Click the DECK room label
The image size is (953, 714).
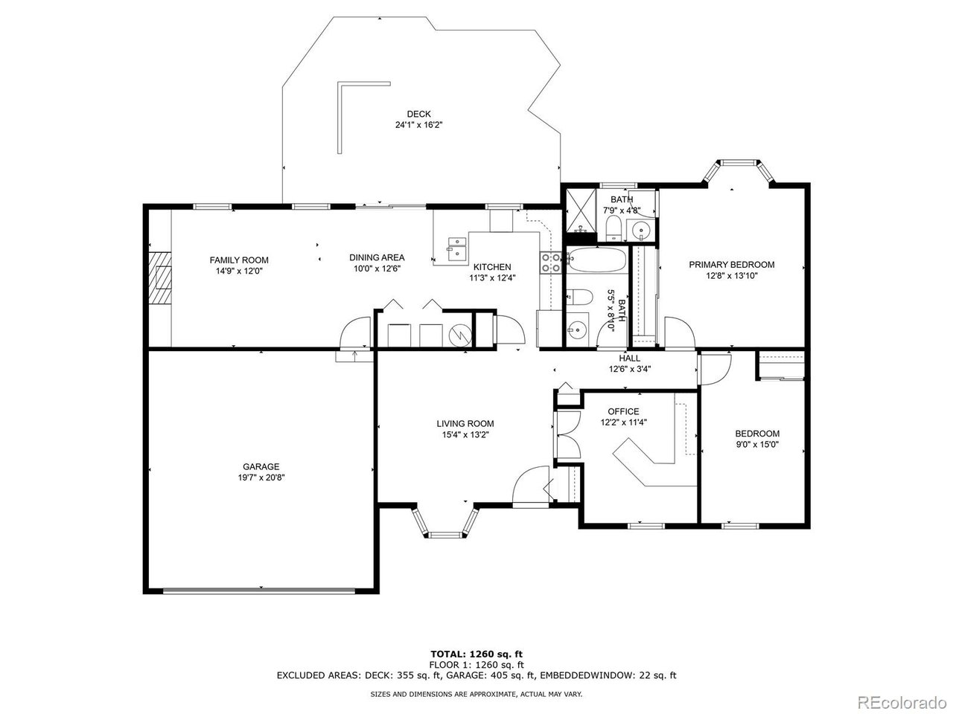(x=418, y=114)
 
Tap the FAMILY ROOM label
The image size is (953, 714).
(x=239, y=260)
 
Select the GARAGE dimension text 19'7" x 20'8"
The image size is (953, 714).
(x=261, y=477)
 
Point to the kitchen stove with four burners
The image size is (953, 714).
(x=550, y=263)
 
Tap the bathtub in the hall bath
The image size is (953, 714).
(x=597, y=260)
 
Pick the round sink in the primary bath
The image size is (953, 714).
(x=640, y=228)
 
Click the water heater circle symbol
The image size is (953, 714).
(x=460, y=335)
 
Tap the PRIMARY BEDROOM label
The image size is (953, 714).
(x=732, y=265)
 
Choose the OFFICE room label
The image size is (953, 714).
(x=623, y=411)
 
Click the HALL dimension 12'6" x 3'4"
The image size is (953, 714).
(x=630, y=370)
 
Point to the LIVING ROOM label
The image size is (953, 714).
(x=465, y=423)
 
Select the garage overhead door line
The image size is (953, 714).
(x=259, y=591)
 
